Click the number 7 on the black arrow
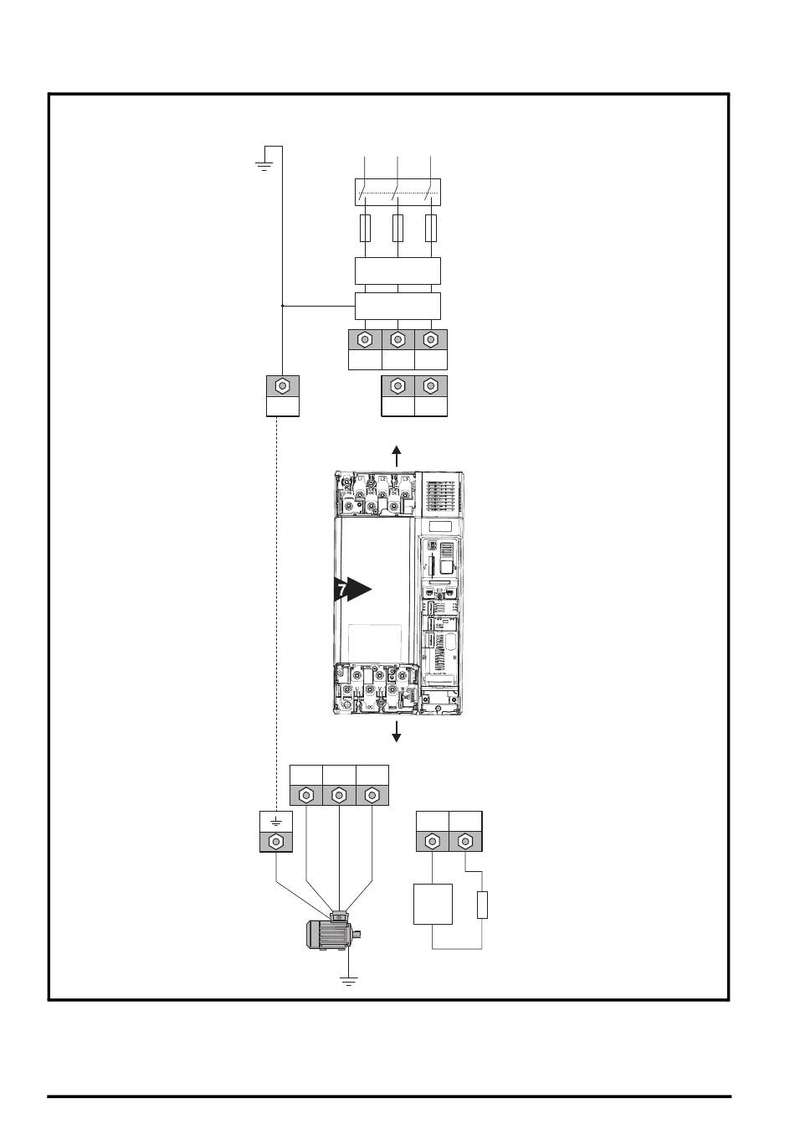click(x=341, y=591)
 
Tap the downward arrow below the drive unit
click(x=397, y=730)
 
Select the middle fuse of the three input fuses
click(x=398, y=228)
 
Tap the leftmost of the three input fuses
click(x=365, y=228)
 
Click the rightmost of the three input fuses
click(x=431, y=228)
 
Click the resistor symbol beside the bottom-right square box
click(x=482, y=906)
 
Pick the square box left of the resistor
click(x=433, y=904)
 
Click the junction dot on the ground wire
click(x=283, y=307)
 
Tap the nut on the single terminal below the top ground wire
click(x=283, y=386)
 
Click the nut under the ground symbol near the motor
click(x=275, y=841)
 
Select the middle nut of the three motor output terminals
click(x=339, y=795)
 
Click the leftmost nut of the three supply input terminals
click(x=365, y=340)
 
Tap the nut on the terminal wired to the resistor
click(x=465, y=841)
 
